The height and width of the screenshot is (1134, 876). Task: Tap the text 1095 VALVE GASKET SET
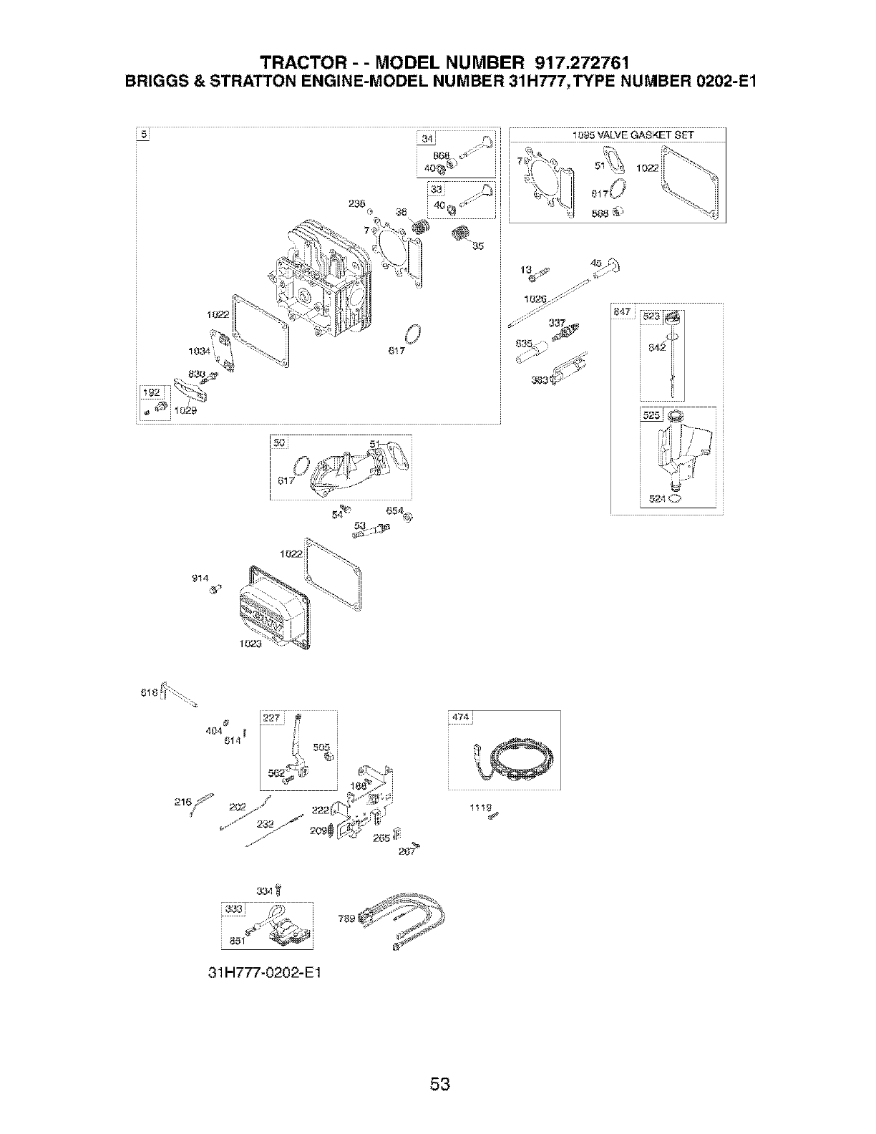pyautogui.click(x=633, y=135)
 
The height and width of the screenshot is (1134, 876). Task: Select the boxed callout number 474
pyautogui.click(x=459, y=718)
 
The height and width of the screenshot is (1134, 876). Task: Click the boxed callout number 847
pyautogui.click(x=621, y=311)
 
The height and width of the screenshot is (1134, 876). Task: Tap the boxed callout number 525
pyautogui.click(x=651, y=415)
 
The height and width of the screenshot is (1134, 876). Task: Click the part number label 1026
pyautogui.click(x=534, y=299)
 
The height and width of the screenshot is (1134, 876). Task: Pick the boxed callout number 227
pyautogui.click(x=273, y=718)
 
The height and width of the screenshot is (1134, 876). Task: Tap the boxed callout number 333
pyautogui.click(x=234, y=910)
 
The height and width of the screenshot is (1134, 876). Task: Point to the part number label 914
pyautogui.click(x=200, y=579)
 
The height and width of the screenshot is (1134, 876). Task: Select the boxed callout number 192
pyautogui.click(x=152, y=392)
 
